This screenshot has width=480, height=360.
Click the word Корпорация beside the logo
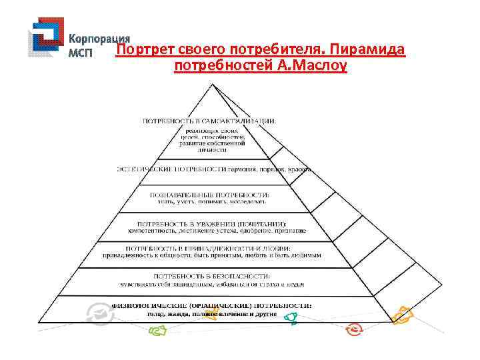coord(99,39)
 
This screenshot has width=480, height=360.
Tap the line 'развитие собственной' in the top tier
coord(212,143)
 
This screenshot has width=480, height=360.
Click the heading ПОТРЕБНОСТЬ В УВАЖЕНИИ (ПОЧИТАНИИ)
coord(212,223)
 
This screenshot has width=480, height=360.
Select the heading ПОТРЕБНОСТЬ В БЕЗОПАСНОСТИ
coord(212,275)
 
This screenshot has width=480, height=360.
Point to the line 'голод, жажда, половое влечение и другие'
coord(212,313)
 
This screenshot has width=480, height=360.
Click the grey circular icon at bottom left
coord(98,311)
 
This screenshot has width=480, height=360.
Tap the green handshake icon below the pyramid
coord(158,330)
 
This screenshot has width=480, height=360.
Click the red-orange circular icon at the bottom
coord(353,329)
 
